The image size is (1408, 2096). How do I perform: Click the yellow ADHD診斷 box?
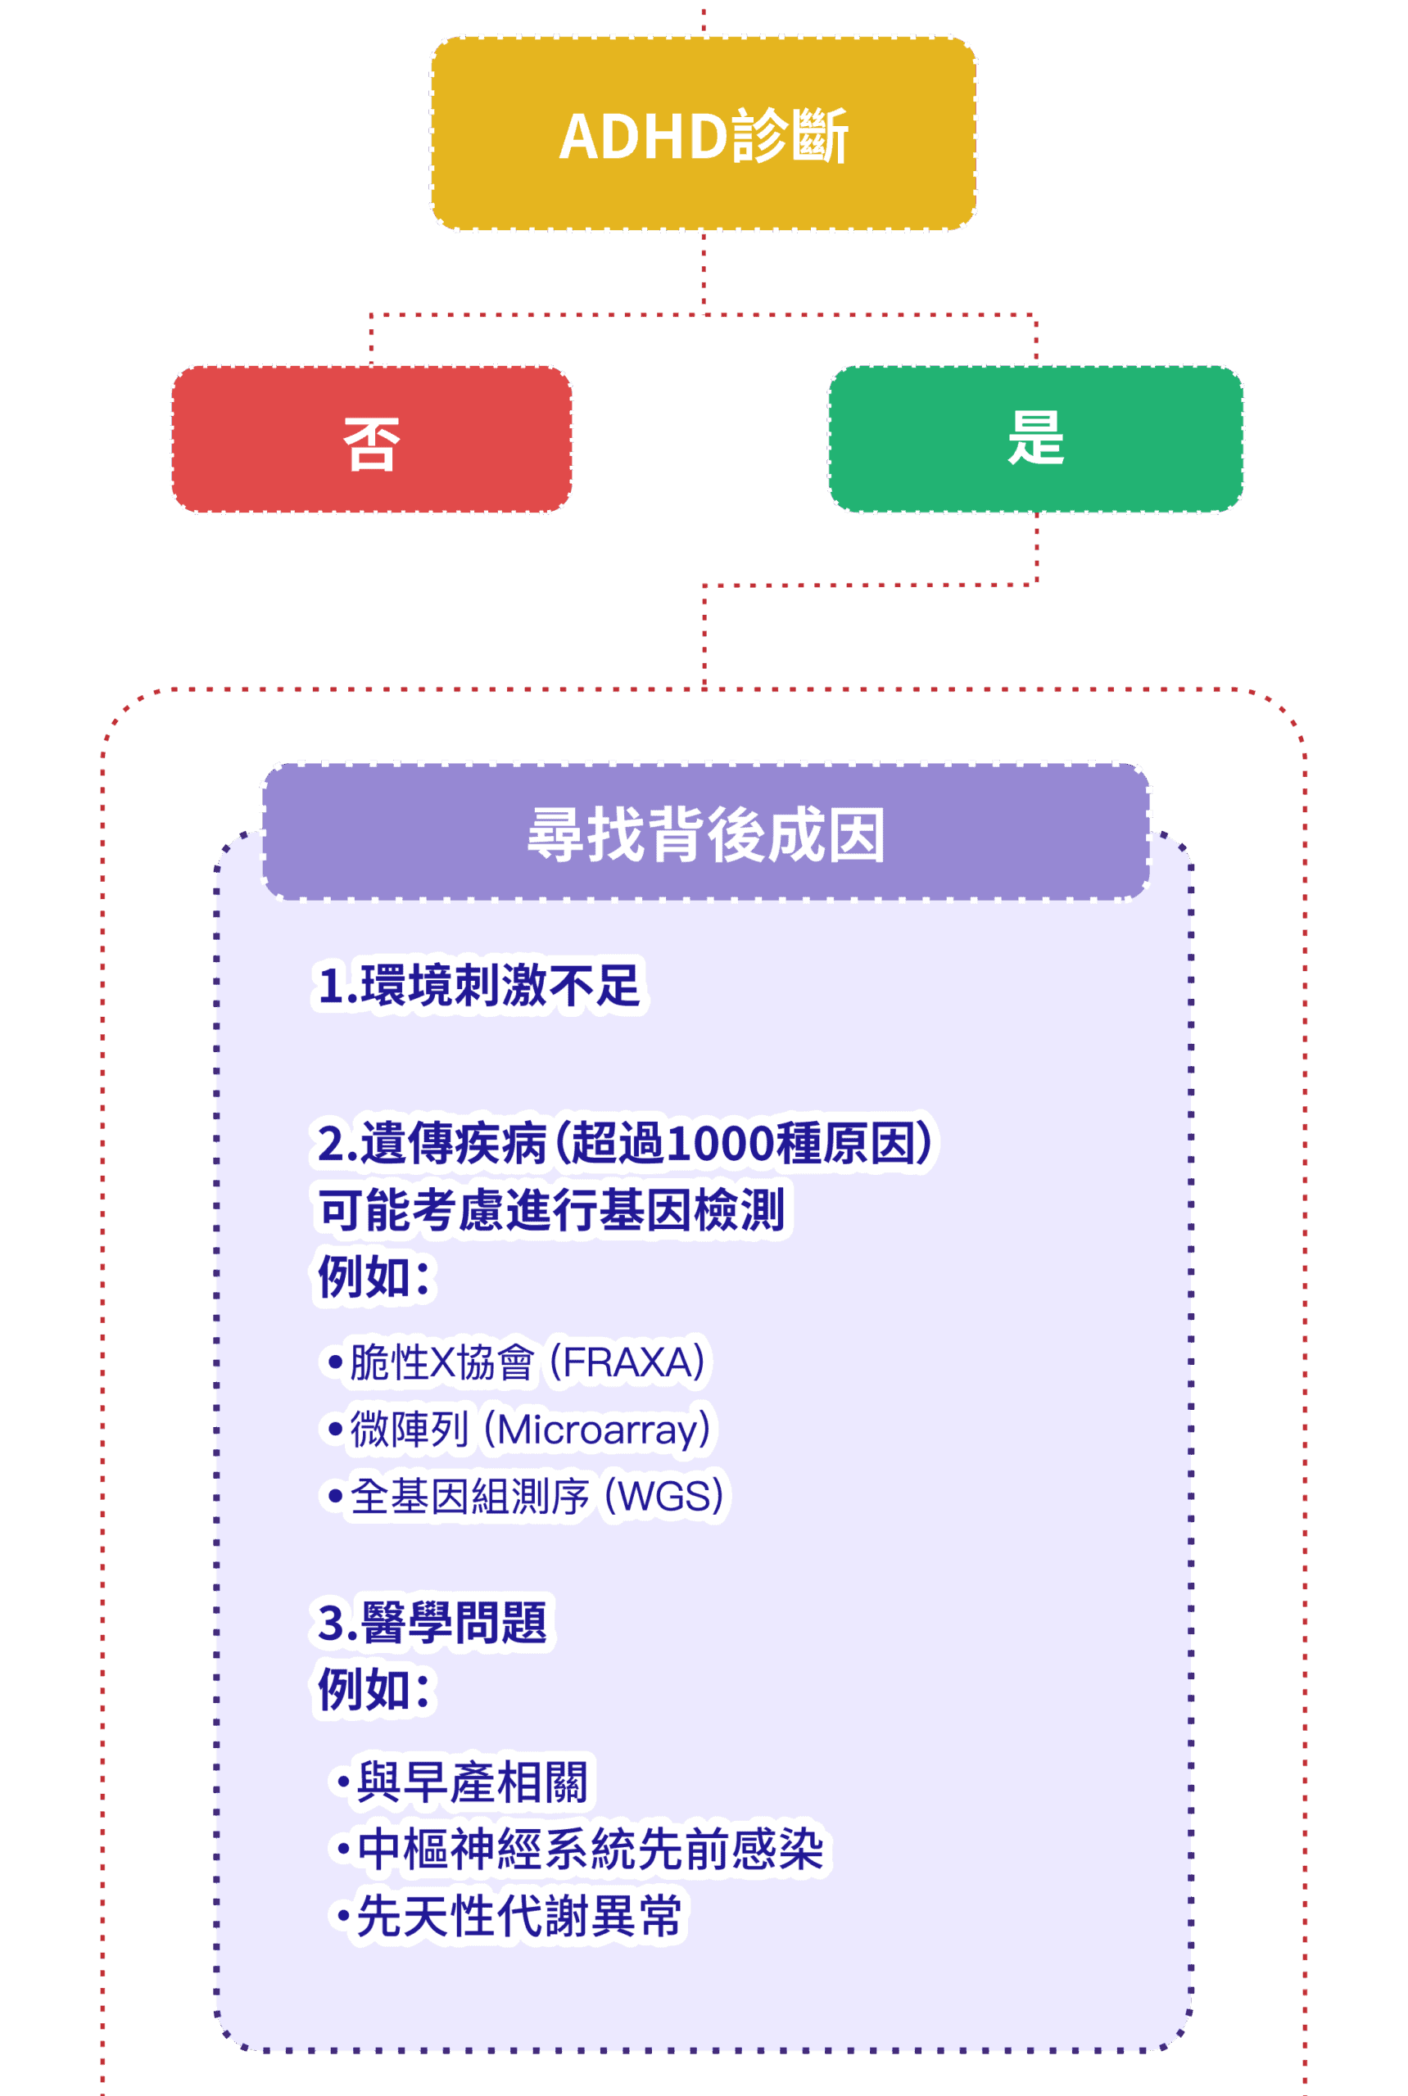tap(703, 133)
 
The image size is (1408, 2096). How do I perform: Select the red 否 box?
tap(372, 440)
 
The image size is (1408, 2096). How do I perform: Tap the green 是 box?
tap(1035, 439)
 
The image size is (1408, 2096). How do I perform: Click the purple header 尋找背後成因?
tap(706, 832)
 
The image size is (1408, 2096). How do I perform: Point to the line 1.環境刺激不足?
tap(478, 985)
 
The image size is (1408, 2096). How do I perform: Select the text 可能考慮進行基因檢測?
tap(551, 1209)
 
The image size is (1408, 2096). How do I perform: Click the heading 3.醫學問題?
tap(432, 1622)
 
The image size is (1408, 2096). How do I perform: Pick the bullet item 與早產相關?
tap(472, 1781)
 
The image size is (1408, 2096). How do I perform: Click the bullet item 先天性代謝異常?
tap(518, 1916)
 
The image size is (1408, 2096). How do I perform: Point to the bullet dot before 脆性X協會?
tap(335, 1362)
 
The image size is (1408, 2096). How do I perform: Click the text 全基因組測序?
tap(469, 1496)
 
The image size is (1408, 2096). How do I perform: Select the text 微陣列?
tap(410, 1429)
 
